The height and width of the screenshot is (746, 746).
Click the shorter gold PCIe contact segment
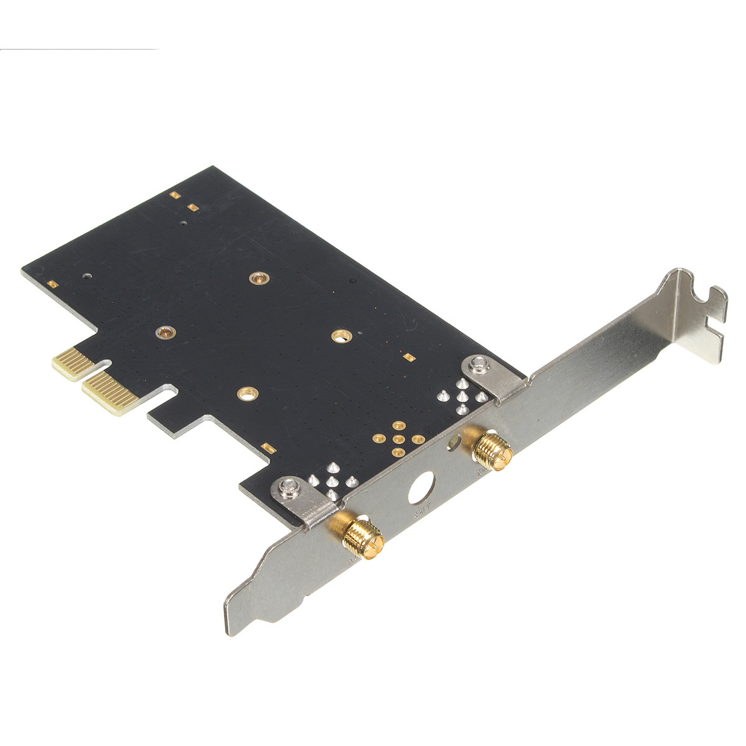tap(71, 364)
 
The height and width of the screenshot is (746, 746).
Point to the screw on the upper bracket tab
tap(479, 363)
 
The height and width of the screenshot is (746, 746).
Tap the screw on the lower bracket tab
tap(289, 488)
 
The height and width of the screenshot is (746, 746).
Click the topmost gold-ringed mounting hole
tap(256, 278)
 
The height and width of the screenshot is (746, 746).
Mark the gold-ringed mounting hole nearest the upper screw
tap(339, 336)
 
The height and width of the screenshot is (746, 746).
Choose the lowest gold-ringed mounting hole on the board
tap(247, 393)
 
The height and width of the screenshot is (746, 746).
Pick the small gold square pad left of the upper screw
tap(409, 357)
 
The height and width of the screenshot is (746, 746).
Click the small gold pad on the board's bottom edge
tap(268, 446)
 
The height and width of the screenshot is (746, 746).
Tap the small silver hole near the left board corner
tap(88, 274)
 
